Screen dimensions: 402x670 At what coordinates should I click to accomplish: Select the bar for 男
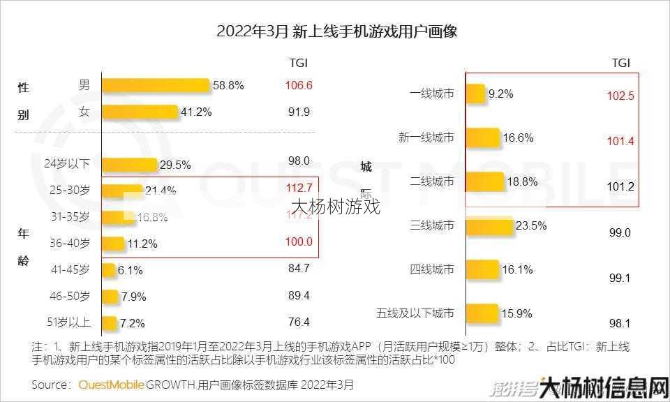[x=156, y=86]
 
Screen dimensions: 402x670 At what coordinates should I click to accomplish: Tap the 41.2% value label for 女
[x=198, y=112]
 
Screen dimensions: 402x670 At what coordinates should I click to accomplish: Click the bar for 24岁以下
[x=130, y=165]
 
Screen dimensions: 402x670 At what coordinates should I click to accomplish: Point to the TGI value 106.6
[x=299, y=86]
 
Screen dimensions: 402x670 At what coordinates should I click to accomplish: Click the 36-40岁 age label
[x=70, y=244]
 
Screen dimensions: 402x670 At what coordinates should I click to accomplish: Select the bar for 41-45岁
[x=109, y=270]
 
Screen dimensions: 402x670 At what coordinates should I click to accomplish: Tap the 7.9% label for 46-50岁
[x=133, y=297]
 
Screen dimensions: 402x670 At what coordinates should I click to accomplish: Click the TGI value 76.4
[x=299, y=322]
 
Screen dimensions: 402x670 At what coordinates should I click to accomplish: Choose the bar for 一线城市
[x=475, y=94]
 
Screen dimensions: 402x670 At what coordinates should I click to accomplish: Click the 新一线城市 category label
[x=426, y=137]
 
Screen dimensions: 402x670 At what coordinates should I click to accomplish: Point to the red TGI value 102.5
[x=620, y=96]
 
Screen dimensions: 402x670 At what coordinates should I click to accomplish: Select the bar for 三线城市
[x=489, y=226]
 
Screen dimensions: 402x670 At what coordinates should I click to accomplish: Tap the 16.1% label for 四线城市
[x=518, y=269]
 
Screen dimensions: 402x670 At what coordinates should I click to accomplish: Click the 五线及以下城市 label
[x=415, y=313]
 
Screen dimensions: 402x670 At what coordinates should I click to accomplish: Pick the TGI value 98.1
[x=620, y=323]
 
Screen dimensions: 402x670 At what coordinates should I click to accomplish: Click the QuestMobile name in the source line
[x=112, y=385]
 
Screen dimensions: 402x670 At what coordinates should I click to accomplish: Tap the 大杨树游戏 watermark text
[x=336, y=207]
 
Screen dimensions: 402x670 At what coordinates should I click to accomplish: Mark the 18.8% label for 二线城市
[x=521, y=181]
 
